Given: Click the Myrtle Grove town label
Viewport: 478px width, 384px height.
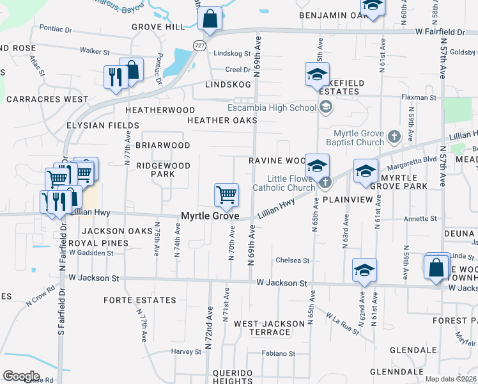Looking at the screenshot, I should (210, 216).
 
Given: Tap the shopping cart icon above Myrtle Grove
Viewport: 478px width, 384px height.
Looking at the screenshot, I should (226, 194).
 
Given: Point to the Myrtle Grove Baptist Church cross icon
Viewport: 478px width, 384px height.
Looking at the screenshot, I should (394, 136).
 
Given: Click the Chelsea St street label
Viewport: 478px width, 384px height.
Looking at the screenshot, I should (292, 260).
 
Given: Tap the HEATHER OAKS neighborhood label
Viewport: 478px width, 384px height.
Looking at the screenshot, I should (222, 120).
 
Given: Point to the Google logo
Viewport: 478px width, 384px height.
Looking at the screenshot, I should (21, 376).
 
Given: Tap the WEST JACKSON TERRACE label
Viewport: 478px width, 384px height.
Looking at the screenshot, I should (262, 328).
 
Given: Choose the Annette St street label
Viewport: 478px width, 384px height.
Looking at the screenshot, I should (419, 218).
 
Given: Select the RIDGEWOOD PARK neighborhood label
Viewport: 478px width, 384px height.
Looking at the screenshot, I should (163, 170).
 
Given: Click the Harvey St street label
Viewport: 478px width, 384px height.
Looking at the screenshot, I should (186, 351).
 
